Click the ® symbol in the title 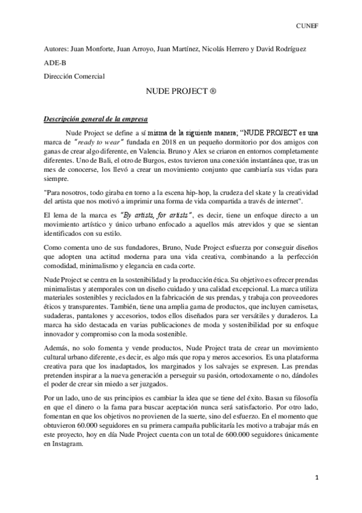pyautogui.click(x=213, y=96)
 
